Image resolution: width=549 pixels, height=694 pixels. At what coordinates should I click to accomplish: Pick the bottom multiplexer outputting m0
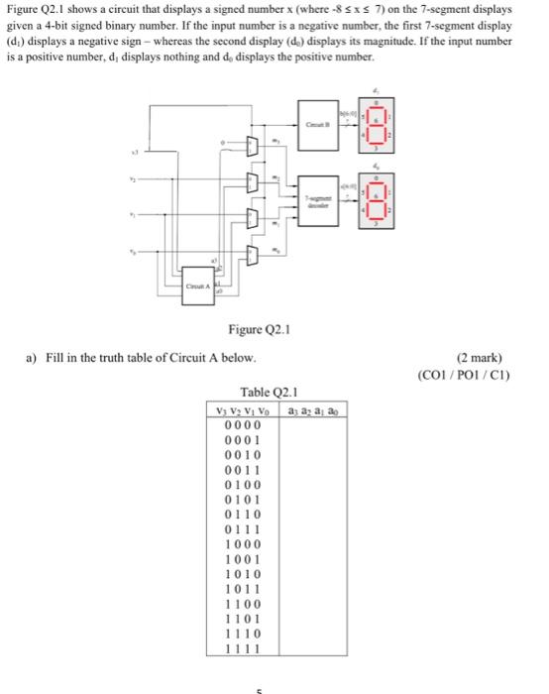[251, 256]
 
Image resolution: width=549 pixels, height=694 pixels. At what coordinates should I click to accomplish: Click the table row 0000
[243, 425]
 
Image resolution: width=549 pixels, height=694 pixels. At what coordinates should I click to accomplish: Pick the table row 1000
[243, 544]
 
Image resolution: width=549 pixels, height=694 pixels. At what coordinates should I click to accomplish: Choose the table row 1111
[243, 648]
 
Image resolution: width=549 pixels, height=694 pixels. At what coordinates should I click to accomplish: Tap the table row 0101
[243, 500]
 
